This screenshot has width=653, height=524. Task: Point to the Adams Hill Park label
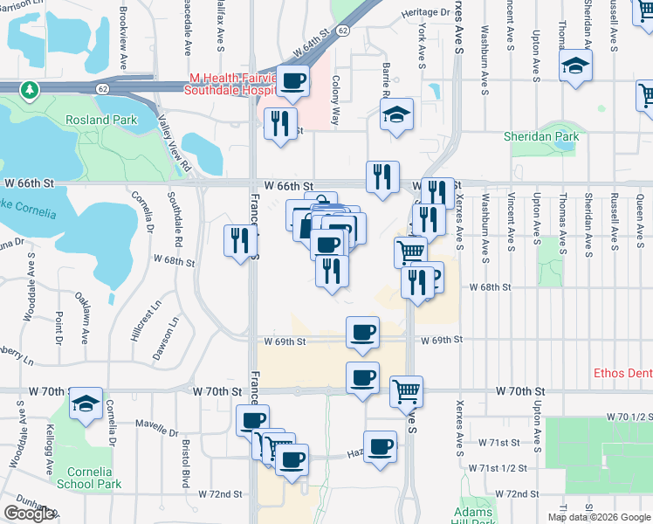[x=475, y=515]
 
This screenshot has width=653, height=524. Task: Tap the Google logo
[x=29, y=514]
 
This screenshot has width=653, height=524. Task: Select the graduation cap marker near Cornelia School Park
[x=86, y=403]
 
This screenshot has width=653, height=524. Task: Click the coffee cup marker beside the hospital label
[x=292, y=81]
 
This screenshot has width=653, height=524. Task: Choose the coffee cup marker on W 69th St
[x=362, y=331]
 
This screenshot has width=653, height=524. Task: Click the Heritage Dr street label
[x=426, y=13]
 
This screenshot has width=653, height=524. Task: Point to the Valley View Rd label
[x=173, y=143]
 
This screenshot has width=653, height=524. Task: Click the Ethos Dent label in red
[x=622, y=372]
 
